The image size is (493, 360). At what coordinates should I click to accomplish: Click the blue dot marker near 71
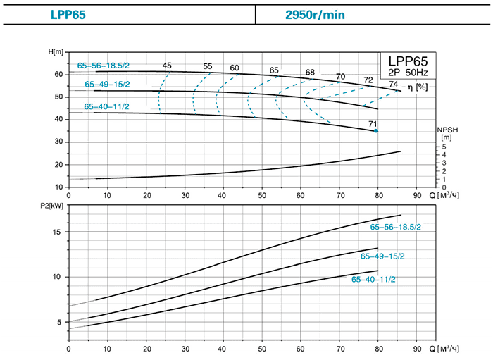coord(376,131)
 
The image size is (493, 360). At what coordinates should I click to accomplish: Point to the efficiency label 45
coord(167,66)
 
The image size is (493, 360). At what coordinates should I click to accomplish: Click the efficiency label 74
coord(393,84)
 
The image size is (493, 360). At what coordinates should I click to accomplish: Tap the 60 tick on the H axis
coord(59,74)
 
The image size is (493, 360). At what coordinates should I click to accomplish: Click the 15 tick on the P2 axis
coord(59,232)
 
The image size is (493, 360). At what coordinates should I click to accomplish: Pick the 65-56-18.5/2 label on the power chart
coord(397,227)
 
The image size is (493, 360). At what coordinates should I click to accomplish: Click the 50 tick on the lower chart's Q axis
coord(262,349)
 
